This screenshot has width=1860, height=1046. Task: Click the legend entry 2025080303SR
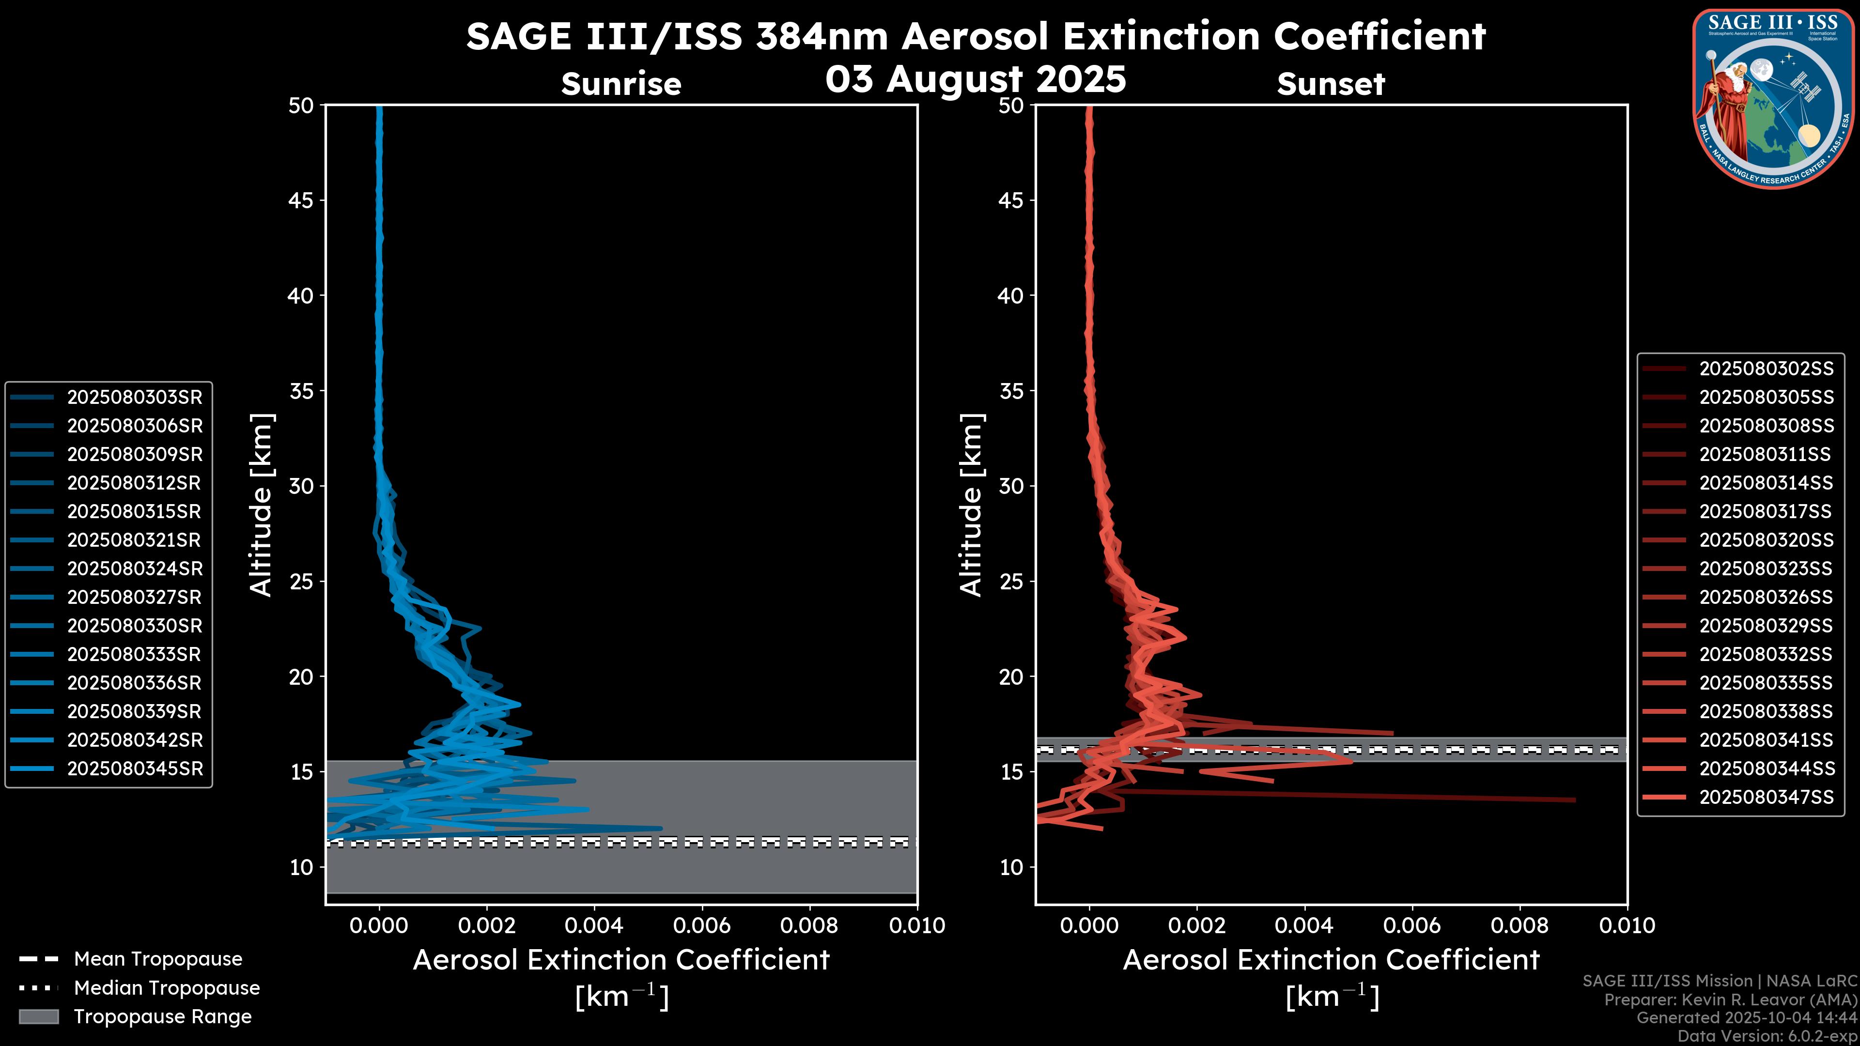[134, 397]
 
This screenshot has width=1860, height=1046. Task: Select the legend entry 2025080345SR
[134, 769]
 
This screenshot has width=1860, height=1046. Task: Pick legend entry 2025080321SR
[134, 540]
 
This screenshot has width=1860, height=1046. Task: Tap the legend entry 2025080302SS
[1766, 369]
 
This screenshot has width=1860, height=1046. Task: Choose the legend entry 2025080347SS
[1766, 797]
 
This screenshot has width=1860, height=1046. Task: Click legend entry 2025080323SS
[1766, 569]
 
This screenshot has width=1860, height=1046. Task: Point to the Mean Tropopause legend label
[158, 959]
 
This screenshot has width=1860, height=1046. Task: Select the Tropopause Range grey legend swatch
[39, 1016]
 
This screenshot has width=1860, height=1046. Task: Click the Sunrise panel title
[621, 84]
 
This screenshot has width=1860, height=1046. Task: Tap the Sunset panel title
[1331, 84]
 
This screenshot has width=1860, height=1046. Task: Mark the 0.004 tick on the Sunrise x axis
[593, 925]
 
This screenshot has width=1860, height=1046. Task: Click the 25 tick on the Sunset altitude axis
[1011, 581]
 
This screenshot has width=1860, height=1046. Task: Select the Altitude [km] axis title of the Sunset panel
[971, 505]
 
